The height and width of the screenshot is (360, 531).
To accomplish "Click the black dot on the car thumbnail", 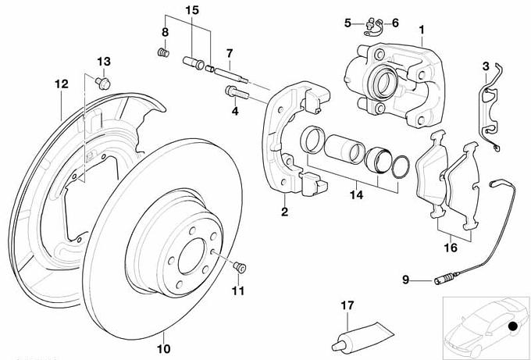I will [511, 326].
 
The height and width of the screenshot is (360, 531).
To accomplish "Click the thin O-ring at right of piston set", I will [401, 166].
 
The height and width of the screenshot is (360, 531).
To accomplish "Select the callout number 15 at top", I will [192, 10].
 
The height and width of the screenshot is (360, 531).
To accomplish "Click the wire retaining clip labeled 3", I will [490, 109].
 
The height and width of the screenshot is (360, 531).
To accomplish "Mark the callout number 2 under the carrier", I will [285, 212].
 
